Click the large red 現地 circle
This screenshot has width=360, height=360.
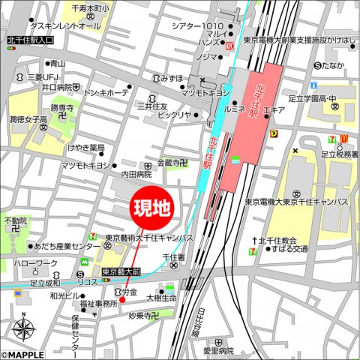click(151, 208)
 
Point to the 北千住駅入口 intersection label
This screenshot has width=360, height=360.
click(29, 39)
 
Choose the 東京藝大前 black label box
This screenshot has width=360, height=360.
click(121, 271)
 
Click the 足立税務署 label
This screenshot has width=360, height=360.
click(334, 154)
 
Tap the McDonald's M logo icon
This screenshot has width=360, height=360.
click(343, 138)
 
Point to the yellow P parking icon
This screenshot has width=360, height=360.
click(274, 134)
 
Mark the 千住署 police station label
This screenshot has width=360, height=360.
click(173, 256)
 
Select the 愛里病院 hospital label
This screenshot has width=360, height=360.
click(219, 350)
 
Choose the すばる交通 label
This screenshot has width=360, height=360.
click(289, 249)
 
